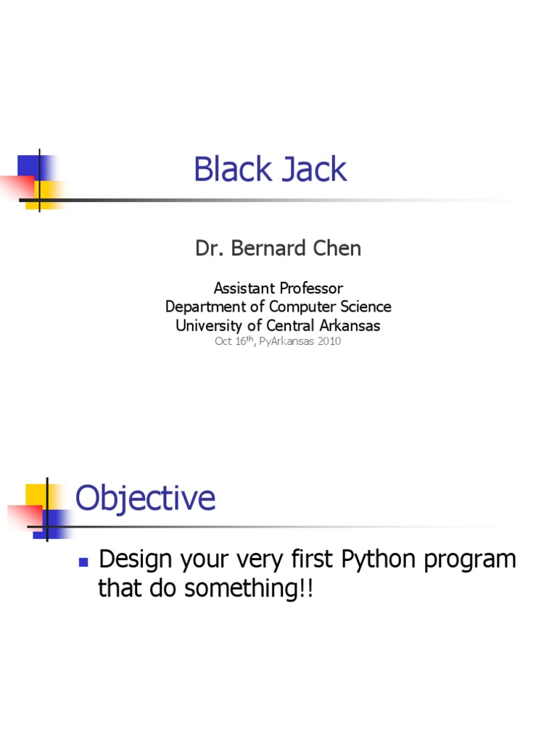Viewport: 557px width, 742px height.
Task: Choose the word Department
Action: tap(205, 307)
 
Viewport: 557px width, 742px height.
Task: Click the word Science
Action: tap(363, 307)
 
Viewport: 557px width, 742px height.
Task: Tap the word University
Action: tap(210, 325)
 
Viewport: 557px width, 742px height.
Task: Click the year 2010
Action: tap(326, 341)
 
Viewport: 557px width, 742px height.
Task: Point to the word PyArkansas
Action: tap(284, 341)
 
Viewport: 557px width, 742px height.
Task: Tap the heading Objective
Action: tap(145, 499)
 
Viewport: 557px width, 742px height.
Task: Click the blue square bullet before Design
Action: tap(83, 562)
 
